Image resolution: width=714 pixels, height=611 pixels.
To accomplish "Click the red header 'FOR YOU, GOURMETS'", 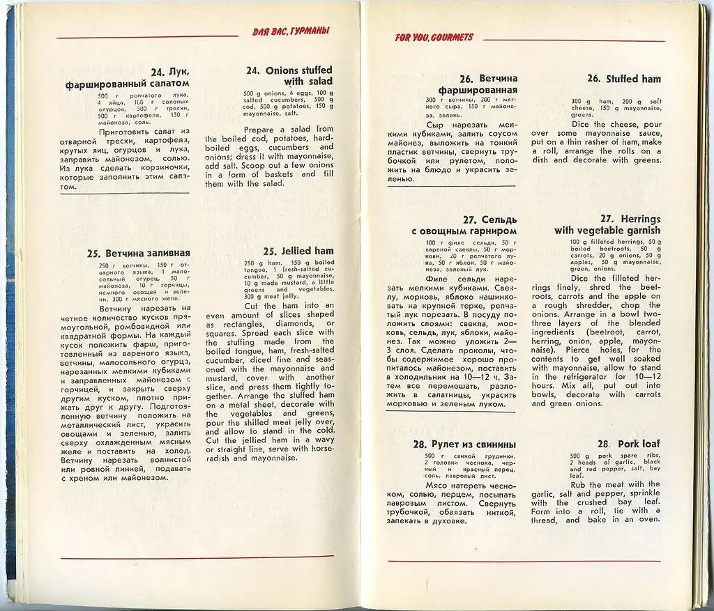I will click(x=434, y=38).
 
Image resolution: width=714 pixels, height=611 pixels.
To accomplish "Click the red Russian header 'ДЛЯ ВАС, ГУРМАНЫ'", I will click(x=291, y=31).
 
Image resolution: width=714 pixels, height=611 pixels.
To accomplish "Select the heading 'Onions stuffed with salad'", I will click(x=289, y=76).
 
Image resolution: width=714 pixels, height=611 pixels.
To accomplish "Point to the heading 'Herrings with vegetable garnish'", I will click(x=607, y=224).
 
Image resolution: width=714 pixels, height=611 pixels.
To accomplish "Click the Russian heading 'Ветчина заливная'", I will click(x=139, y=253).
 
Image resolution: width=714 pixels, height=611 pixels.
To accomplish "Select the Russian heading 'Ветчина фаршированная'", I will click(x=478, y=84).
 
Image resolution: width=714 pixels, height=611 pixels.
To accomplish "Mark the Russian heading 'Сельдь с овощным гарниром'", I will click(x=472, y=225).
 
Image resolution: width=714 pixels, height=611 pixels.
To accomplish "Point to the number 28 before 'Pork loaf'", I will click(x=604, y=444).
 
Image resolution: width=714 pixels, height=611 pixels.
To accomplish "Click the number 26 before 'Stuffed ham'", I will click(x=594, y=79).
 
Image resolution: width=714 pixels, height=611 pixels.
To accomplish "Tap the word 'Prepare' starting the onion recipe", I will click(x=260, y=130).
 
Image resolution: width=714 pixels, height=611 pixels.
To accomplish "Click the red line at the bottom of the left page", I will click(x=195, y=558).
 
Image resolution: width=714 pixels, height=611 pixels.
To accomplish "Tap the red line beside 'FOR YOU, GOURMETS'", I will click(x=572, y=40).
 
